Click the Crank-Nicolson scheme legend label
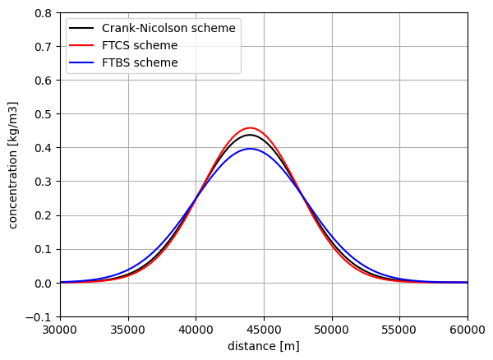coord(168,28)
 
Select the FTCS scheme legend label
coord(141,45)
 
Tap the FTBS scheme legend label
coord(140,62)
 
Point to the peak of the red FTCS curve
coord(250,128)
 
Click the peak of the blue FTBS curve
coord(250,149)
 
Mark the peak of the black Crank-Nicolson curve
coord(250,135)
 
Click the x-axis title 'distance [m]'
coord(263,346)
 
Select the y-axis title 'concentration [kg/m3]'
coord(13,164)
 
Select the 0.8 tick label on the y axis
coord(44,13)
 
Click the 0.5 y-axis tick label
coord(44,114)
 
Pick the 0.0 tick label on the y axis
coord(44,284)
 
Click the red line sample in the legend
coord(84,45)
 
